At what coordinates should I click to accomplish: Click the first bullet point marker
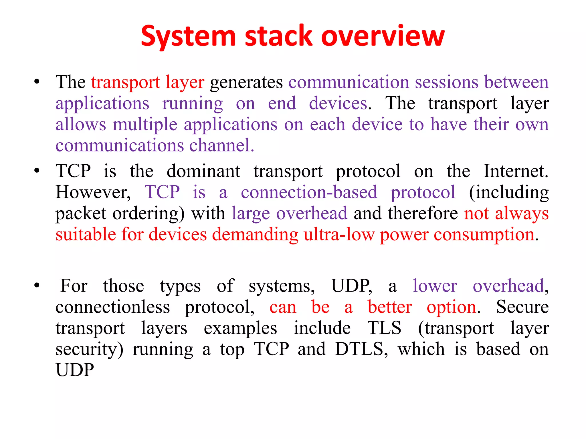37,82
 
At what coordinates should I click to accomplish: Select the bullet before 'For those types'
37,286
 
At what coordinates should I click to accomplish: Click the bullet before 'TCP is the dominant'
37,171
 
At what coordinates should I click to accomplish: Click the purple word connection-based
309,192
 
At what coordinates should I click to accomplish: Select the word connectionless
113,307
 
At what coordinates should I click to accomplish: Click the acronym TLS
384,328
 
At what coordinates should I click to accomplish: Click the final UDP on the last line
75,370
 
